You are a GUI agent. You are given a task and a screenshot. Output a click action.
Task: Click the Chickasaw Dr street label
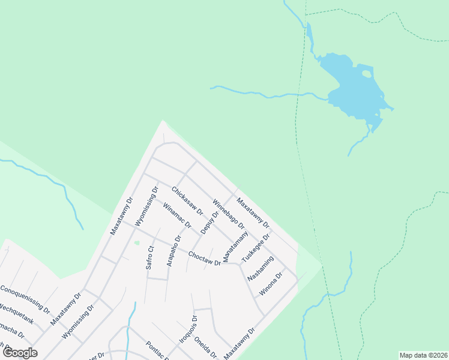click(x=187, y=202)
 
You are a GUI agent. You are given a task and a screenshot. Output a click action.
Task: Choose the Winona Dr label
click(x=271, y=284)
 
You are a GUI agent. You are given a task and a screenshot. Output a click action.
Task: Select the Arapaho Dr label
click(x=173, y=255)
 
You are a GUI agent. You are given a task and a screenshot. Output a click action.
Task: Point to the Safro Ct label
click(x=151, y=257)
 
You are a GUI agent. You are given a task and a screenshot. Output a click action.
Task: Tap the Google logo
click(x=20, y=353)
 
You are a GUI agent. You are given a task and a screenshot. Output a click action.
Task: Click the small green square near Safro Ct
click(x=137, y=243)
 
